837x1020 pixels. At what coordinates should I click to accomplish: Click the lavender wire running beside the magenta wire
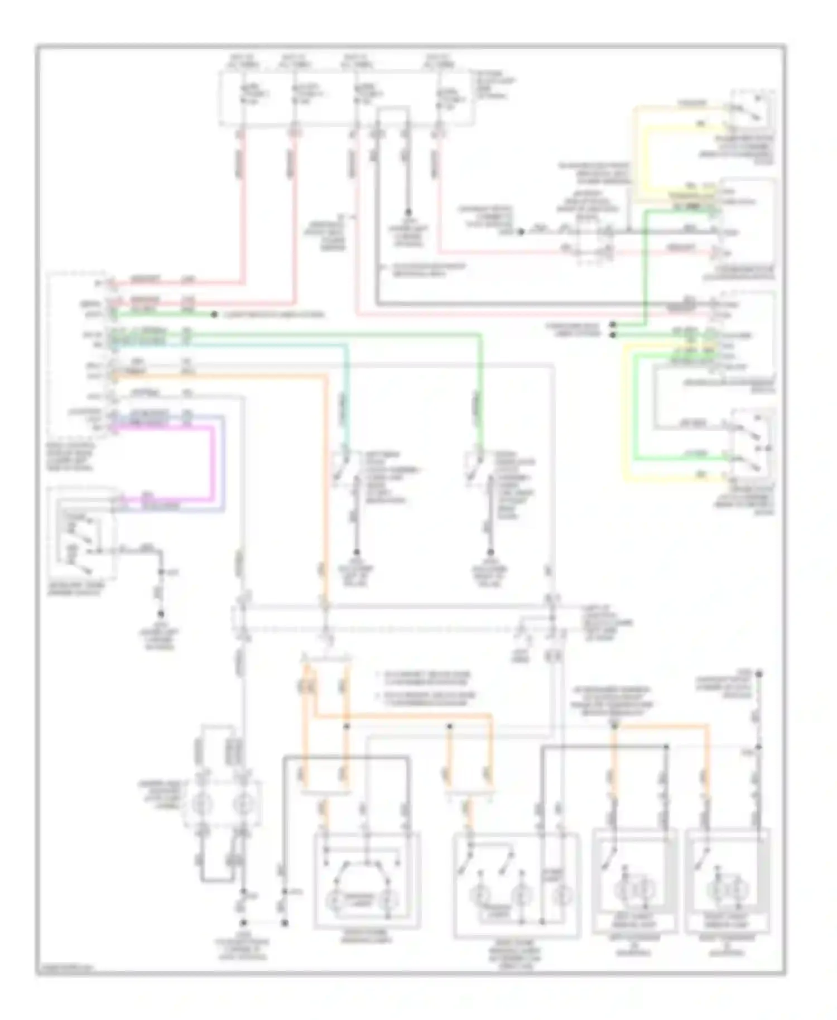(223, 463)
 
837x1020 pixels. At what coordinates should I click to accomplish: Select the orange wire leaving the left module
(324, 474)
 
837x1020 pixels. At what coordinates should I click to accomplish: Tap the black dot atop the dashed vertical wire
(758, 675)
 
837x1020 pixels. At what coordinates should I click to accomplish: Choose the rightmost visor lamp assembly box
(728, 882)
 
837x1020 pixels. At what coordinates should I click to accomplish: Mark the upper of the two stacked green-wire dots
(613, 324)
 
